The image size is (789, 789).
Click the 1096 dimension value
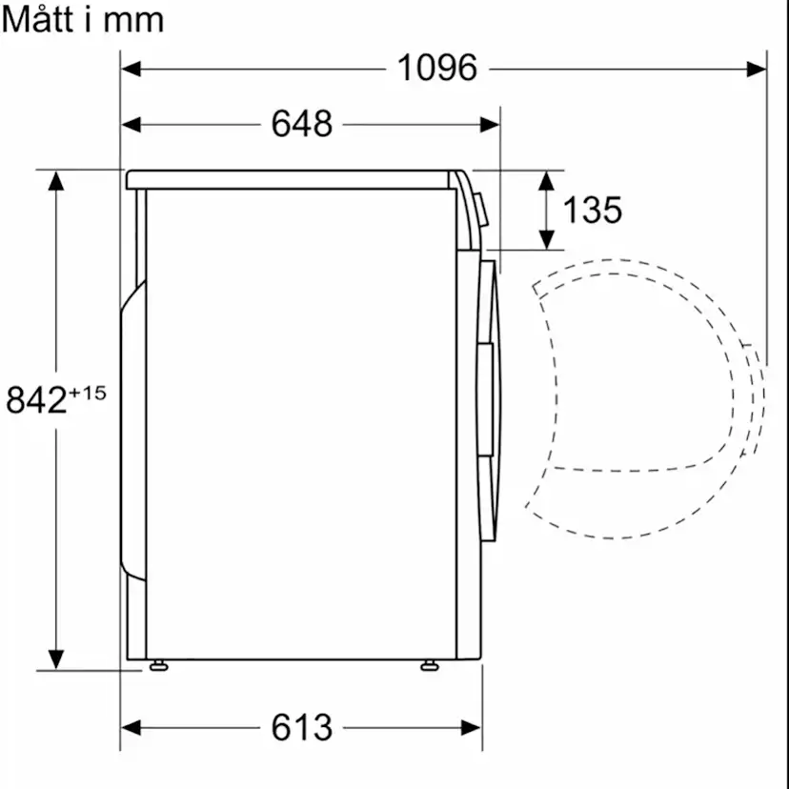pos(436,68)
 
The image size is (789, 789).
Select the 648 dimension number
pos(302,124)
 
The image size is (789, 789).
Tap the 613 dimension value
pos(302,727)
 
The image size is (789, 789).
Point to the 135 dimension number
pos(593,210)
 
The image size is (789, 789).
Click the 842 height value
pos(36,400)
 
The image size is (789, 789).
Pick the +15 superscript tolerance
pos(88,393)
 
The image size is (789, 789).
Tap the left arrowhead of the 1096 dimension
pos(131,69)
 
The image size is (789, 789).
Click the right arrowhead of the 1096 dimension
pos(757,69)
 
